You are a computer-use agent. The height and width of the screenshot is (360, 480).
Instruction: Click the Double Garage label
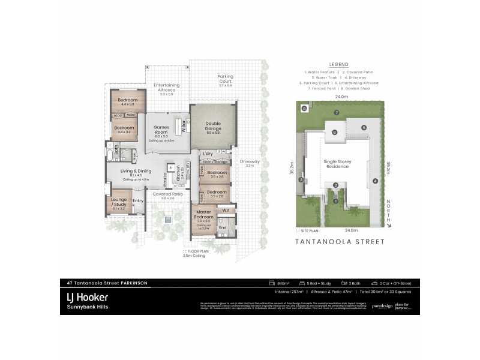point(213,125)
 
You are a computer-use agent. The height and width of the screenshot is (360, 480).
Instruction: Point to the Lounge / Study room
point(118,203)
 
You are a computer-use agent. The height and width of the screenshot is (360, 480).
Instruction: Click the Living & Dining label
point(136,173)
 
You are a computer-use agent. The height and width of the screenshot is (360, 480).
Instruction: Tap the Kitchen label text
point(178,175)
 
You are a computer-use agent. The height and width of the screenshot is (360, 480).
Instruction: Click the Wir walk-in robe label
point(227,211)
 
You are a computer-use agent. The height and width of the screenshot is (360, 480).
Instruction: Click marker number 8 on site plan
point(305,109)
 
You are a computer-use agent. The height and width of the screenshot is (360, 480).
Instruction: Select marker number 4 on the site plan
point(375,181)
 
